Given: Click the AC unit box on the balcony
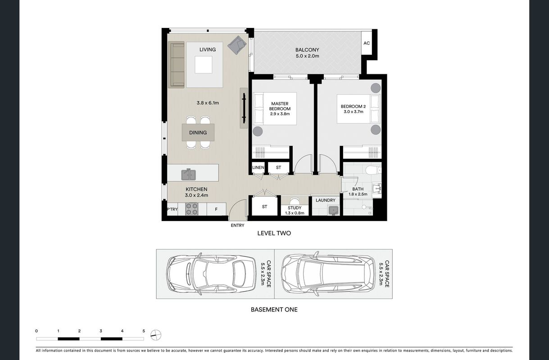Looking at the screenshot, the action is click(x=367, y=43).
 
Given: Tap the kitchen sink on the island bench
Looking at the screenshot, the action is click(x=188, y=174).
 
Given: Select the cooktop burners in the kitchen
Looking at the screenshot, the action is click(x=192, y=209).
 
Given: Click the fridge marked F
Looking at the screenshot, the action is click(x=216, y=209).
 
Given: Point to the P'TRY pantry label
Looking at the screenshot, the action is click(x=172, y=209).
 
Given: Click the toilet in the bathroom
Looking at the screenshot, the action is click(x=373, y=170).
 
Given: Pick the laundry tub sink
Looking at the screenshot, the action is click(x=333, y=210).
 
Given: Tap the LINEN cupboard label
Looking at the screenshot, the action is click(x=258, y=167).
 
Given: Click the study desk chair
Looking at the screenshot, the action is click(x=295, y=201).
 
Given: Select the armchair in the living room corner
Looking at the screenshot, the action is click(x=237, y=45).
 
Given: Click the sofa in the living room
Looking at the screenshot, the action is click(x=176, y=65).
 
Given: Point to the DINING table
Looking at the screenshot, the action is click(x=198, y=132).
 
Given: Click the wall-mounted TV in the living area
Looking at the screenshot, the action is click(x=244, y=108).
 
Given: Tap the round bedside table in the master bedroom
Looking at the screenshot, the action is click(x=258, y=131).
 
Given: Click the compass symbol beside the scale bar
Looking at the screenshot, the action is click(x=156, y=335).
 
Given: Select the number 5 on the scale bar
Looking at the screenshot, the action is click(x=144, y=331).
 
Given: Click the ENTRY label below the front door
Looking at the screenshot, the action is click(x=237, y=225).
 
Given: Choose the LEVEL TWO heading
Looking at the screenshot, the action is click(x=274, y=233).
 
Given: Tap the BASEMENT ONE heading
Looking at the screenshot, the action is click(x=274, y=310).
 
